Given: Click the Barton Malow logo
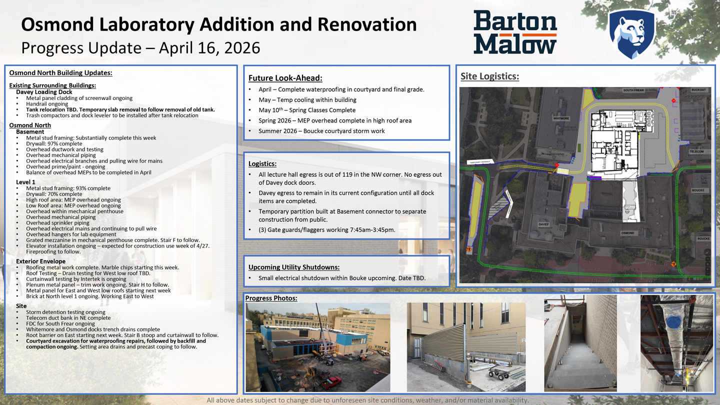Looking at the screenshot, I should click(x=515, y=32).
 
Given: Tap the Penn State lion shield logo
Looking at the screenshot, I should click(x=631, y=33).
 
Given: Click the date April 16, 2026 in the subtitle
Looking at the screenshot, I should click(x=209, y=48).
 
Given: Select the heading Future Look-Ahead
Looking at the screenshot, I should click(x=285, y=78).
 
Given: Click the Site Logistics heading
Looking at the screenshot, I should click(x=489, y=76).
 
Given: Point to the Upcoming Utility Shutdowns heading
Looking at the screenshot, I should click(x=294, y=267).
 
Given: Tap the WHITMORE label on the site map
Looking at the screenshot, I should click(x=561, y=118).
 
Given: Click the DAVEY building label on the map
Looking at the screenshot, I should click(x=543, y=224).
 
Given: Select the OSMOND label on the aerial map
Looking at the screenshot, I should click(x=627, y=233).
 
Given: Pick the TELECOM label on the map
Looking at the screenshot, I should click(x=696, y=151).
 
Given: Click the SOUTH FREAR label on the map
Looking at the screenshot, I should click(x=633, y=90).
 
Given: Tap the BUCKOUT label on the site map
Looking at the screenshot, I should click(x=698, y=90).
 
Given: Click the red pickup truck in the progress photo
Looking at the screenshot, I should click(x=331, y=383).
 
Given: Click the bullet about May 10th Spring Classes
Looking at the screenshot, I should click(x=306, y=110).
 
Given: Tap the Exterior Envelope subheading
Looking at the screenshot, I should click(x=40, y=261).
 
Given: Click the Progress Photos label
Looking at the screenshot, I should click(x=271, y=298).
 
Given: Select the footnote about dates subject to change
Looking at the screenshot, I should click(x=367, y=400).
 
